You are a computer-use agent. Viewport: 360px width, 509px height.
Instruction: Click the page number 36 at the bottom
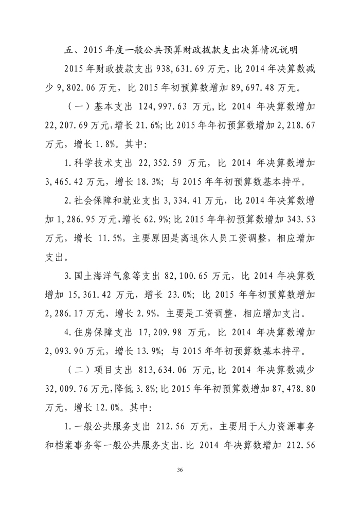pos(179,469)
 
